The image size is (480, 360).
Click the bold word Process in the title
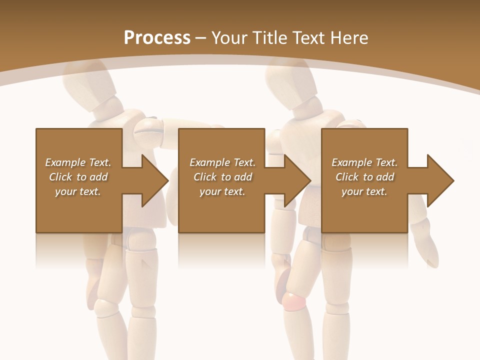click(157, 37)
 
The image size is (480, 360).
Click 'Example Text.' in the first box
click(78, 162)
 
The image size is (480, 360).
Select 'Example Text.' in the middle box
click(222, 162)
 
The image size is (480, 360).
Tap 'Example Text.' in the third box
click(364, 162)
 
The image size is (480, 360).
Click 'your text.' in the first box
click(78, 191)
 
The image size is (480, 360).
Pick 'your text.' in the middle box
click(222, 191)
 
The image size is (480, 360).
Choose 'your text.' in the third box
click(364, 191)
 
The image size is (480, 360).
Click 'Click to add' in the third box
click(364, 177)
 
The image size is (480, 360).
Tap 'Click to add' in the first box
click(78, 177)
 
